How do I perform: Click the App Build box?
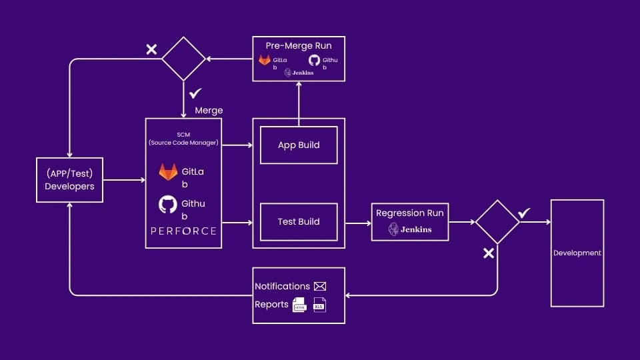298,145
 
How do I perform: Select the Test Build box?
298,221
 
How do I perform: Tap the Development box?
577,253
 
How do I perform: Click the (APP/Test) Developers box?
69,180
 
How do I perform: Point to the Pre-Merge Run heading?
299,46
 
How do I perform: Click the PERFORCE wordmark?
183,231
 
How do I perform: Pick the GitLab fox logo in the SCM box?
168,172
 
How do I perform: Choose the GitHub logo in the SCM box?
168,204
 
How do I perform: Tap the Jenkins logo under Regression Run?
410,229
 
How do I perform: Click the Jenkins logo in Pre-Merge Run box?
298,72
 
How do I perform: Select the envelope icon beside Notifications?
320,286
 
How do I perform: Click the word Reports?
271,304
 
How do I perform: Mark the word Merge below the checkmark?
209,110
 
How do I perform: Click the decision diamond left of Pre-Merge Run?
183,59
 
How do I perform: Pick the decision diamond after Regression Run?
497,221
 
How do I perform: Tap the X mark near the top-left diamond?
151,49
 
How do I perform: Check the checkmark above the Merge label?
196,94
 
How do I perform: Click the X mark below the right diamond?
488,253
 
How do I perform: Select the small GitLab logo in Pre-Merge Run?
265,60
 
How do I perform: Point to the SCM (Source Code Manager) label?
183,138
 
